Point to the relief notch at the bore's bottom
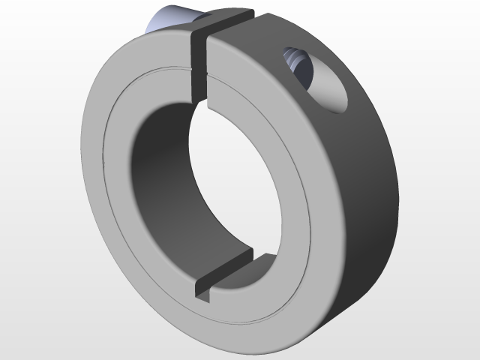pyautogui.click(x=225, y=274)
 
